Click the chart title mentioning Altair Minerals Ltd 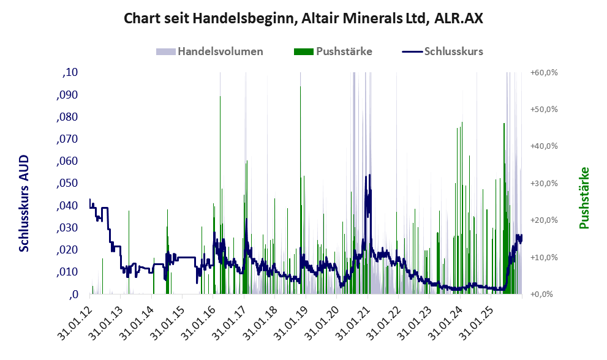(x=303, y=18)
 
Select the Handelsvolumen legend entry (x=221, y=51)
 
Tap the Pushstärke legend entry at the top (x=344, y=51)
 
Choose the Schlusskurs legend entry (x=453, y=51)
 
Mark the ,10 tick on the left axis (x=70, y=73)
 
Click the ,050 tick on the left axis (x=68, y=184)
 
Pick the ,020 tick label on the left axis (x=68, y=250)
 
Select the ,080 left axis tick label (x=68, y=117)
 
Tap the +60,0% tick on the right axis (x=543, y=73)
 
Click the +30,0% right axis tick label (x=543, y=184)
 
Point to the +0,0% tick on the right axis (x=541, y=294)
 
